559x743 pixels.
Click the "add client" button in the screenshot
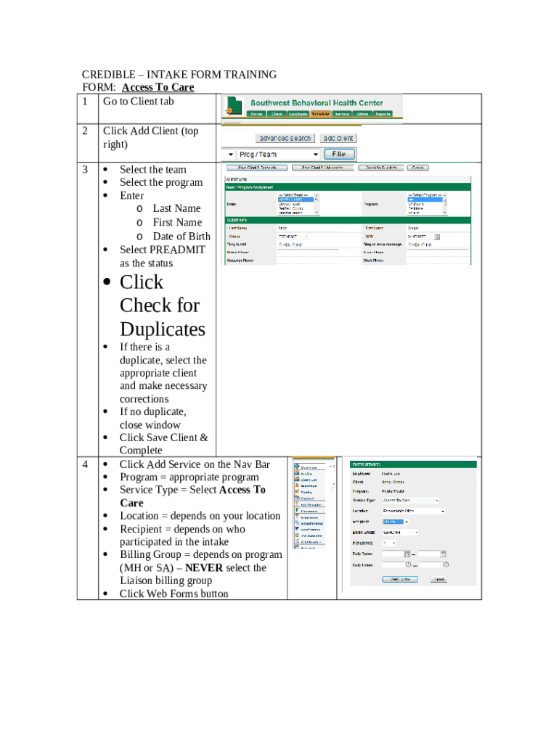click(x=338, y=138)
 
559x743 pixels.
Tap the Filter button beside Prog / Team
click(x=339, y=154)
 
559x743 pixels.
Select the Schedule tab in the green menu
click(x=320, y=114)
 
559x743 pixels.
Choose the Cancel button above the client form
click(x=417, y=168)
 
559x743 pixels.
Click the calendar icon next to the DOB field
click(x=436, y=236)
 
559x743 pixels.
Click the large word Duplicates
click(x=163, y=329)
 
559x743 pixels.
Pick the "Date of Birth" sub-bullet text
click(x=181, y=236)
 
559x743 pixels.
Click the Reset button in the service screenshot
click(x=438, y=579)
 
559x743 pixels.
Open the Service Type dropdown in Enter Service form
click(x=410, y=500)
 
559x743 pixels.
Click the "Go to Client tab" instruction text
click(x=138, y=102)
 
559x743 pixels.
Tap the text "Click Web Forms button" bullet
click(x=174, y=594)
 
